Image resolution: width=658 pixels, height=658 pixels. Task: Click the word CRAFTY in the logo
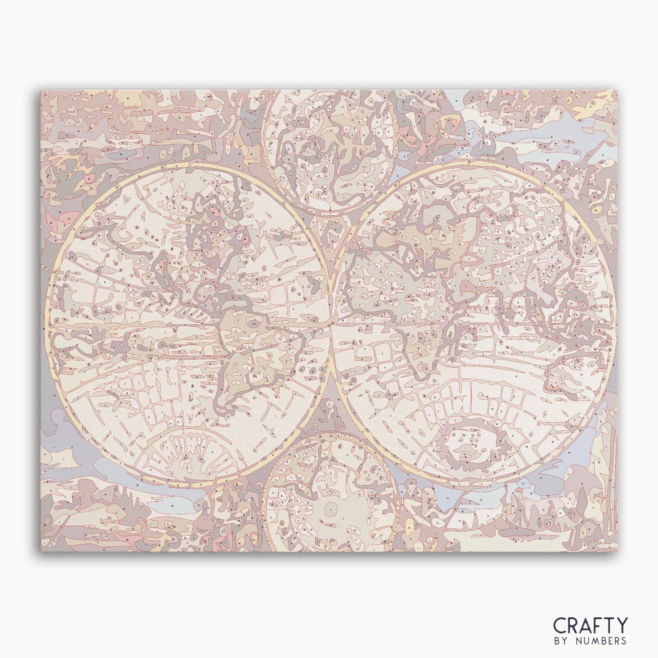point(590,625)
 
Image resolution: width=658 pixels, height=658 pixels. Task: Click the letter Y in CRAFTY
point(620,625)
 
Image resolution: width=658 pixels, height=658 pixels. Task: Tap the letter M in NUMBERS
point(596,641)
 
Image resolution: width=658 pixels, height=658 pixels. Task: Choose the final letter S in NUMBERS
point(624,641)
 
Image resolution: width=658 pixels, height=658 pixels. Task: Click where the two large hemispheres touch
point(331,322)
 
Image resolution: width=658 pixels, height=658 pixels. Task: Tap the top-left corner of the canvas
point(41,91)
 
